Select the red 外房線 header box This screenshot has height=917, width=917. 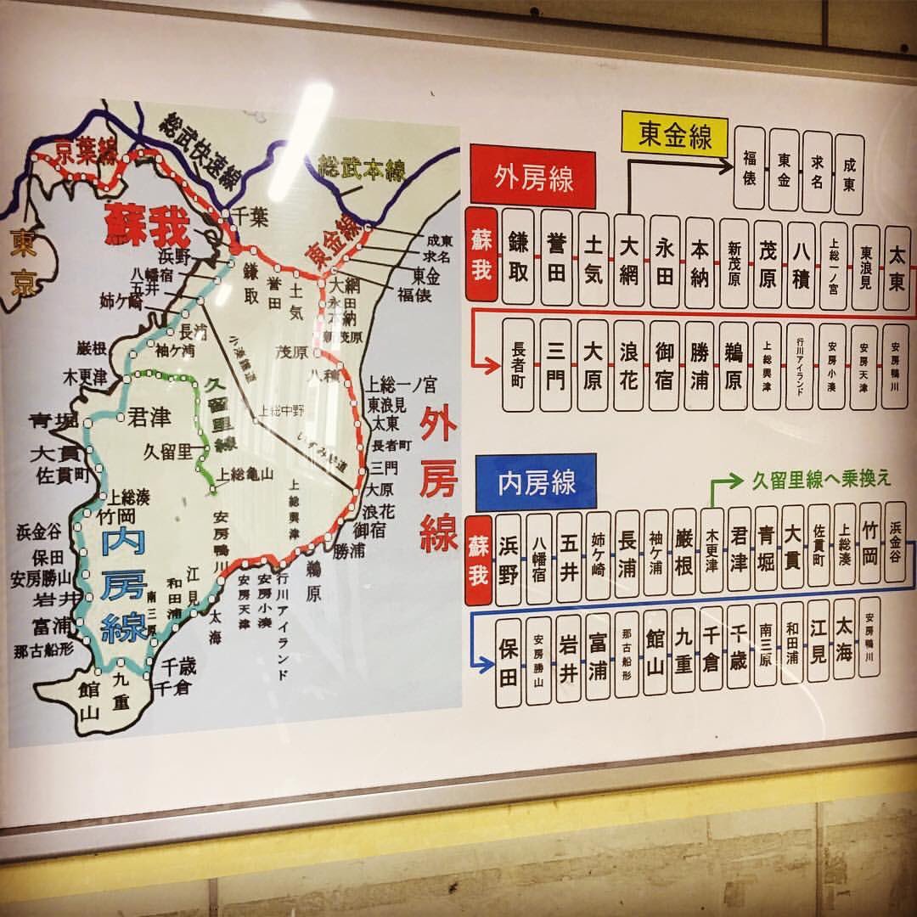(533, 180)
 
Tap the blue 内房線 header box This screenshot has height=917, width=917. (536, 482)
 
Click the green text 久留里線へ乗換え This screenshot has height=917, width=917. (822, 480)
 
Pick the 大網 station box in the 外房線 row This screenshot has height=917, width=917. (629, 259)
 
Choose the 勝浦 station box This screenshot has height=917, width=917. (700, 366)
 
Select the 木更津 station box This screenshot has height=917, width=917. (712, 551)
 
